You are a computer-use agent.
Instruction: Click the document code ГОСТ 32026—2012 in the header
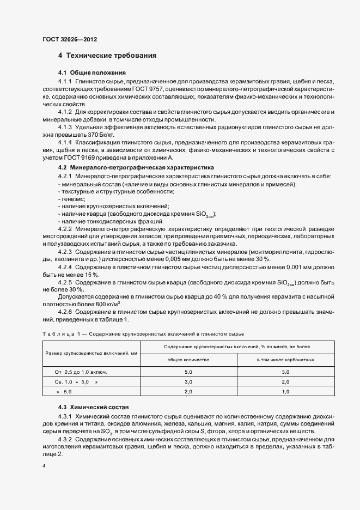[x=70, y=40]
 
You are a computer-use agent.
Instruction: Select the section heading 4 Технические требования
[x=107, y=56]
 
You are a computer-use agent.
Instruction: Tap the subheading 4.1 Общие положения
[x=92, y=72]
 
